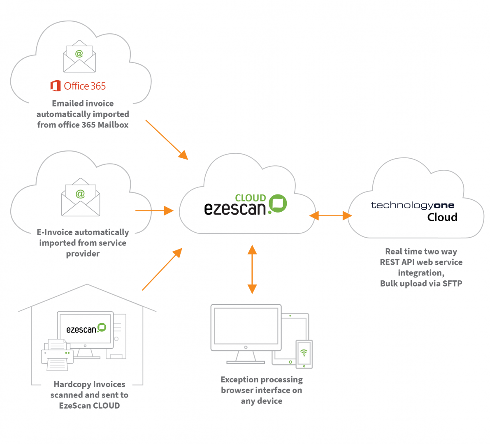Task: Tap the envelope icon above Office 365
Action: pyautogui.click(x=79, y=57)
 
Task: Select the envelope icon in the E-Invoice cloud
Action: pyautogui.click(x=81, y=197)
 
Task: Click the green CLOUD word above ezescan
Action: pyautogui.click(x=251, y=198)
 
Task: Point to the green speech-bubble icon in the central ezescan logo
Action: pyautogui.click(x=278, y=203)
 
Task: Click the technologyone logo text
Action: pyautogui.click(x=412, y=205)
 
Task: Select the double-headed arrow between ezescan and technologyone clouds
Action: pyautogui.click(x=330, y=215)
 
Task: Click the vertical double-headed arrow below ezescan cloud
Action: pyautogui.click(x=252, y=269)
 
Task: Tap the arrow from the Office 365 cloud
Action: pyautogui.click(x=167, y=140)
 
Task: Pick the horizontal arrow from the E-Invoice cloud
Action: pyautogui.click(x=154, y=210)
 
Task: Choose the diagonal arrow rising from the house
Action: pyautogui.click(x=162, y=269)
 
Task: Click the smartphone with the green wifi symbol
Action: pyautogui.click(x=304, y=354)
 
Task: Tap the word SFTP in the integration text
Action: pyautogui.click(x=452, y=283)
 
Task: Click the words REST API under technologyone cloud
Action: pyautogui.click(x=398, y=262)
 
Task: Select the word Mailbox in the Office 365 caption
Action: pyautogui.click(x=113, y=125)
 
